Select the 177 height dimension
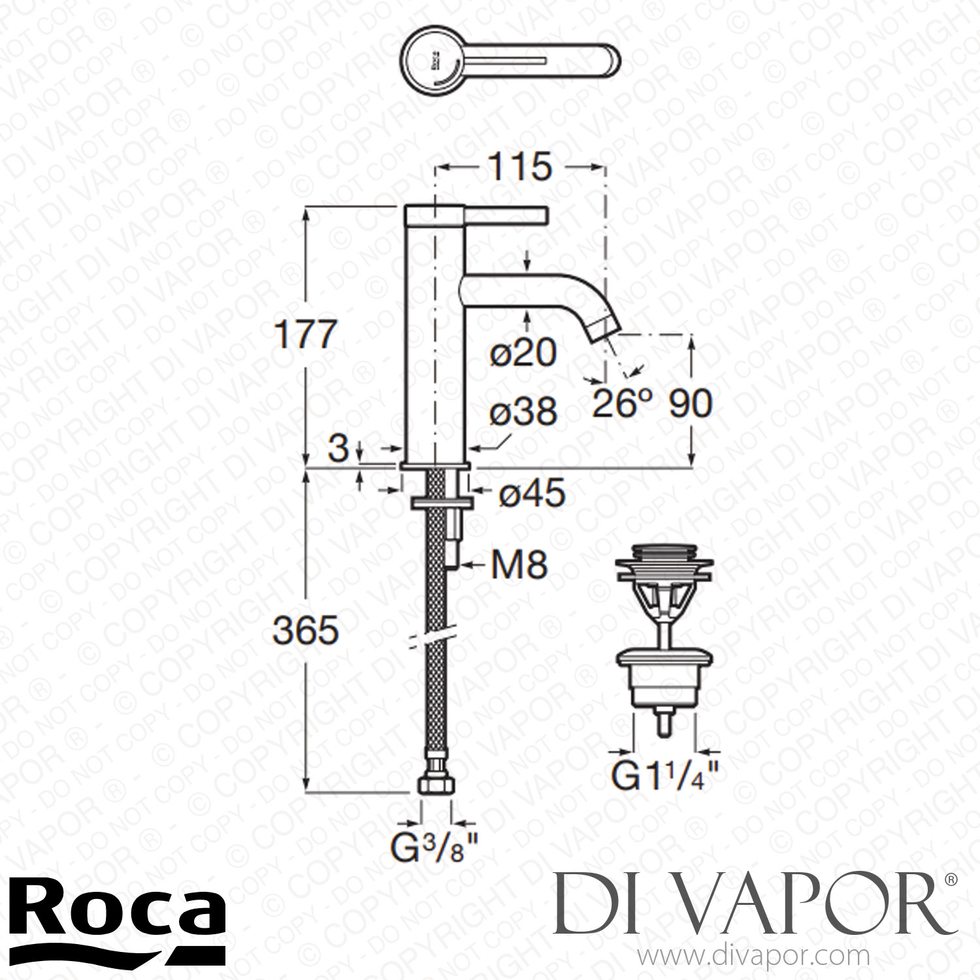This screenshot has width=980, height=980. [x=304, y=336]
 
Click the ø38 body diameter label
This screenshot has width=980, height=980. [x=525, y=412]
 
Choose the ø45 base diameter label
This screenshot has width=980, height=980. [x=531, y=495]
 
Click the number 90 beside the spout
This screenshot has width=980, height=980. [x=690, y=404]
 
